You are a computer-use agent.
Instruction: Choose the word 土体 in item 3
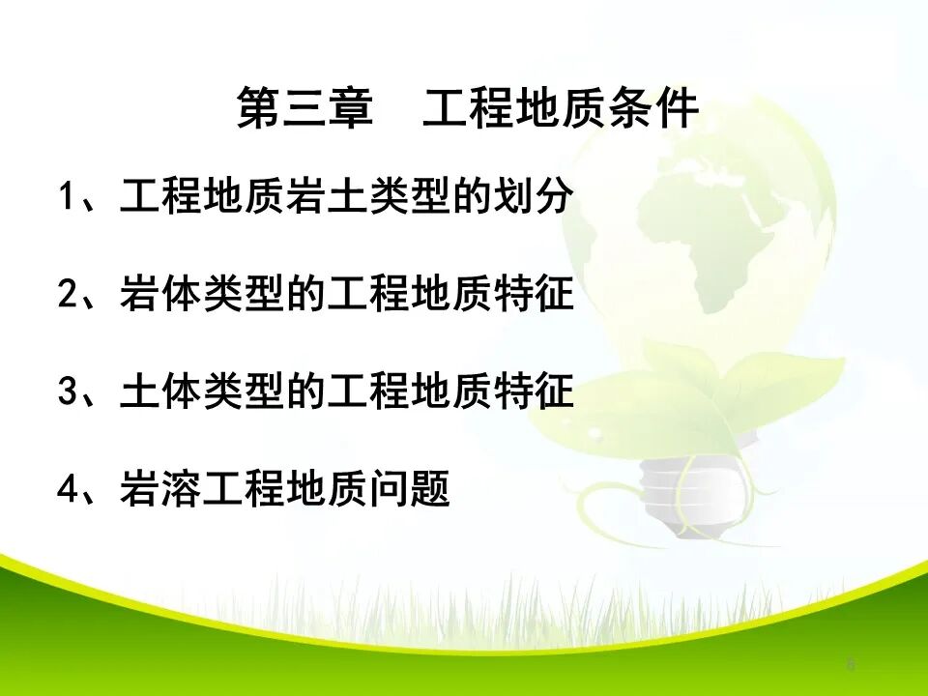[151, 393]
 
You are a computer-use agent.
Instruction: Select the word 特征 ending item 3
[541, 393]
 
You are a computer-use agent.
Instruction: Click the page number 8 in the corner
[851, 664]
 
